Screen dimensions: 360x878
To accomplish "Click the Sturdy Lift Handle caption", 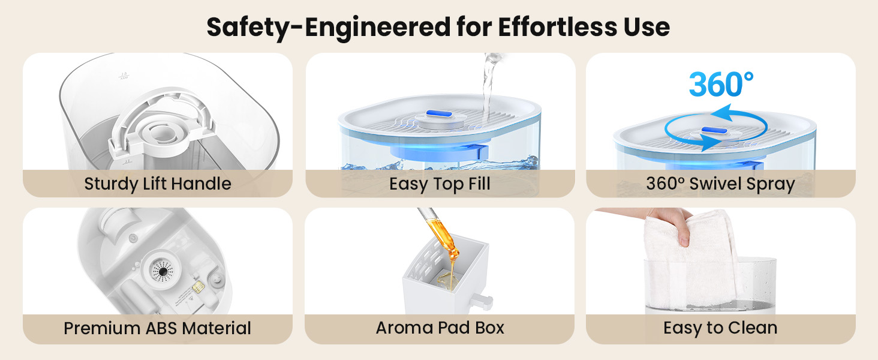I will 158,184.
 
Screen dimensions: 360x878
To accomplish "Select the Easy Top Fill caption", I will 440,184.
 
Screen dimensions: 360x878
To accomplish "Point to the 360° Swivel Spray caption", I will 720,184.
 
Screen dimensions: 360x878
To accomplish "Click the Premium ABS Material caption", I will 158,329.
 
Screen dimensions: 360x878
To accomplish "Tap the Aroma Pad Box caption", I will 440,328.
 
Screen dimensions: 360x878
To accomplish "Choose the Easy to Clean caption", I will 720,328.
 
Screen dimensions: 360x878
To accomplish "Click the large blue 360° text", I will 721,85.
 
